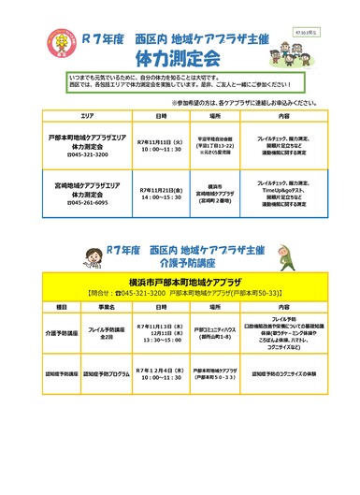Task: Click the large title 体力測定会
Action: coord(179,59)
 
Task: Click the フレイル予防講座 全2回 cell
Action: coord(106,332)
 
